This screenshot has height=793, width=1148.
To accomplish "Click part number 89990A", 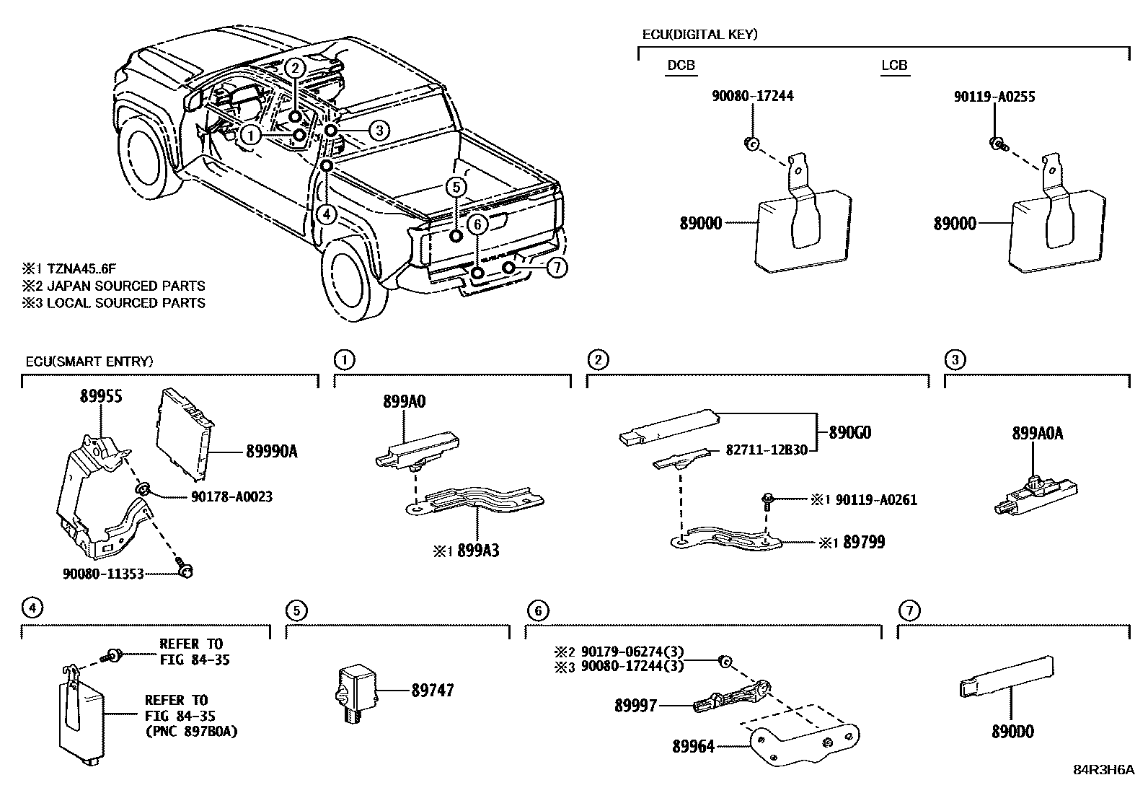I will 272,452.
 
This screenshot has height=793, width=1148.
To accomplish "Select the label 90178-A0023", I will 232,496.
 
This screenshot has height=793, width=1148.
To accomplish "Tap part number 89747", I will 433,691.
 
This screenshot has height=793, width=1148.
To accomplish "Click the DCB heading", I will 681,66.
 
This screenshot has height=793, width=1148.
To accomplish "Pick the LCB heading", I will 894,66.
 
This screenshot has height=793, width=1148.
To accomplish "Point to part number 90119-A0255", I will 994,96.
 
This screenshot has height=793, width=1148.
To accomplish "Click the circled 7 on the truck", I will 557,268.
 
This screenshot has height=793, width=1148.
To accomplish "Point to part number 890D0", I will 1012,732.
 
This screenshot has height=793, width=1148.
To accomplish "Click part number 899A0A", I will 1037,434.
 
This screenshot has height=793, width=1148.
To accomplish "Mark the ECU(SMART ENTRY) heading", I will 89,362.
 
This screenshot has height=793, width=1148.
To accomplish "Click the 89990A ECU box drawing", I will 184,434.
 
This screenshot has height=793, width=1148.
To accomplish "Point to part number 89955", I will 100,395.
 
